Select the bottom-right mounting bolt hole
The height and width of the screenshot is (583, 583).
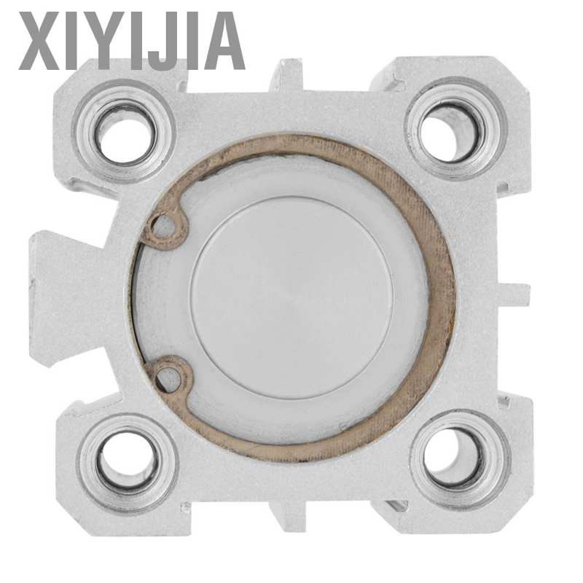(x=458, y=459)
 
